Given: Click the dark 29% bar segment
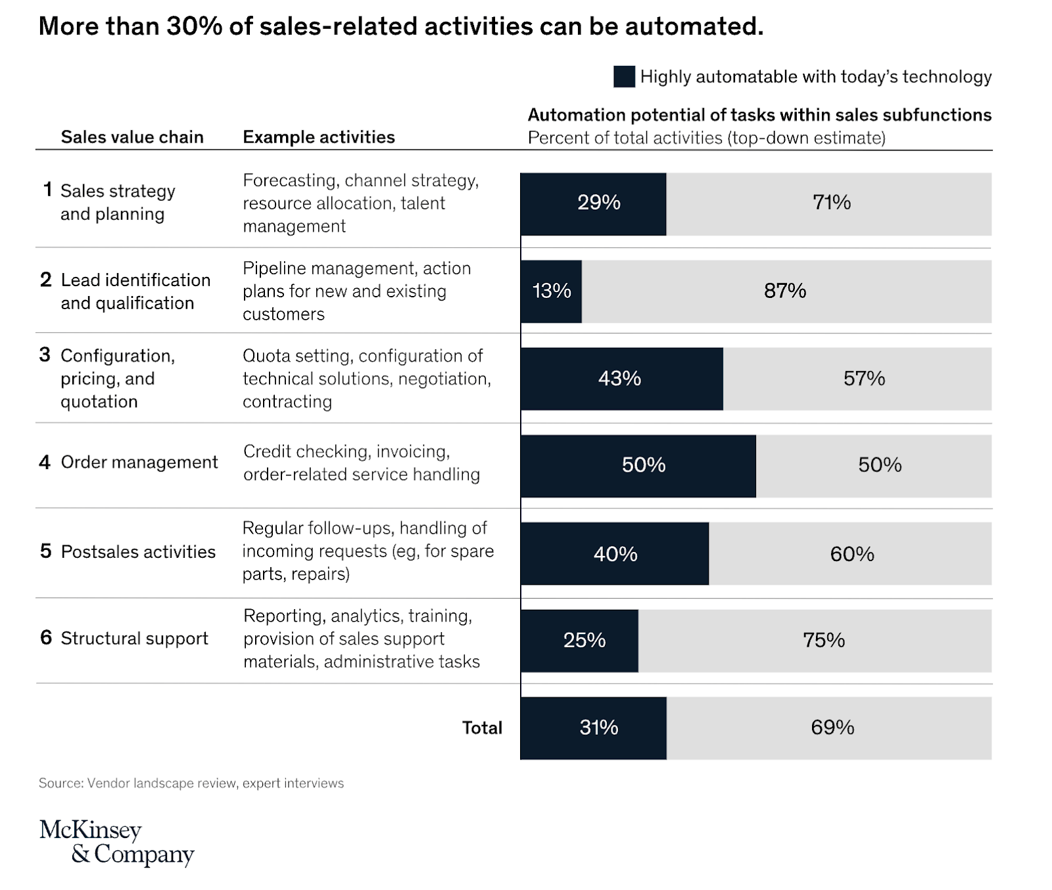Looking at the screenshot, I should click(x=593, y=204).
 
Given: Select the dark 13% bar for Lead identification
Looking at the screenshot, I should click(x=551, y=291).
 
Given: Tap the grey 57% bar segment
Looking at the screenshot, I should click(x=857, y=379).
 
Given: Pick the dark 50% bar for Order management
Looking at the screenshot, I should click(x=638, y=466).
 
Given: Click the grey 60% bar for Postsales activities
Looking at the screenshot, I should click(x=850, y=554).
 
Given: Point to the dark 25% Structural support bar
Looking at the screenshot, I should click(x=579, y=641).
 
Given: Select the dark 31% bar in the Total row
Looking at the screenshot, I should click(x=593, y=728).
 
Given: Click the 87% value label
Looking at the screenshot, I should click(x=785, y=291).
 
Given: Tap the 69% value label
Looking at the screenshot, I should click(x=832, y=728).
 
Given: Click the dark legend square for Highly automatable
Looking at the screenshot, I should click(x=624, y=77).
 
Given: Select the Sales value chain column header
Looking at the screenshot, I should click(x=132, y=137).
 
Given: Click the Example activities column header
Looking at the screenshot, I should click(x=319, y=137).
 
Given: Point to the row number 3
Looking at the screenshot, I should click(x=45, y=355).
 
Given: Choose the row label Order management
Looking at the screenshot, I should click(x=139, y=462).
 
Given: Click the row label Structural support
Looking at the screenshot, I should click(x=134, y=639).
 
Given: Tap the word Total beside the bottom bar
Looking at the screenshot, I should click(x=482, y=728).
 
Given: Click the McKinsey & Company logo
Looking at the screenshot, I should click(x=116, y=841).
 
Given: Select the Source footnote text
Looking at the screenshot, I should click(x=191, y=783).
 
